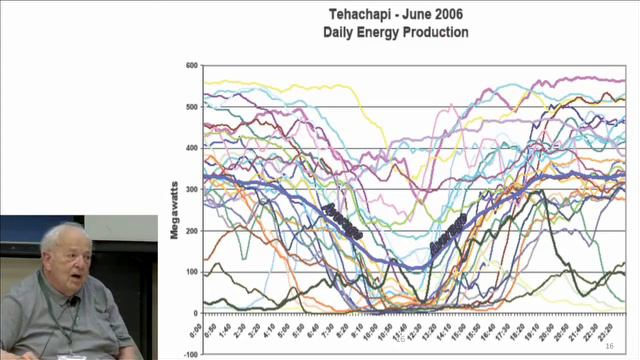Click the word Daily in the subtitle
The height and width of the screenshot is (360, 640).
coord(341,32)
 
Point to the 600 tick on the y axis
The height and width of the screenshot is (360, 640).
coord(191,66)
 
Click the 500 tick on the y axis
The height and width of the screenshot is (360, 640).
coord(191,107)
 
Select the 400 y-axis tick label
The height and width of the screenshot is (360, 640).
coord(191,148)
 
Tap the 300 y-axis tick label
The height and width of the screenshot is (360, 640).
coord(191,189)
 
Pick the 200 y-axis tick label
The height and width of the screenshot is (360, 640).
coord(191,230)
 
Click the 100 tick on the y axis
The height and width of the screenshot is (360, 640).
coord(191,271)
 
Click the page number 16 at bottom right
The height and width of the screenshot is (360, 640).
coord(609,345)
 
